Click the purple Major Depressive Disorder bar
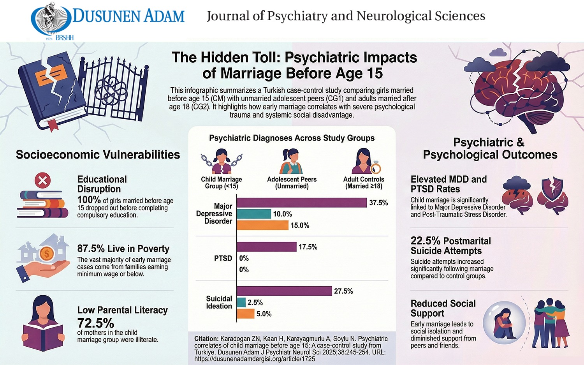pos(302,203)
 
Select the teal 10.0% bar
pos(254,214)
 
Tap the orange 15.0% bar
pos(262,225)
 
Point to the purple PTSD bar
pos(267,247)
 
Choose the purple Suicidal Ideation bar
pos(284,291)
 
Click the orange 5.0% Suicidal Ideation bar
pos(246,314)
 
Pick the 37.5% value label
pos(378,203)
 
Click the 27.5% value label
pos(343,291)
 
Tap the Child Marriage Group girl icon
pos(221,161)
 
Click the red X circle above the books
pos(42,180)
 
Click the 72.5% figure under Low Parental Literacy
pos(95,323)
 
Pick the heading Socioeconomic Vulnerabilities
pos(98,155)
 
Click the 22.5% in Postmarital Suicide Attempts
pos(425,241)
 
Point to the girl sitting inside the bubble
pos(504,324)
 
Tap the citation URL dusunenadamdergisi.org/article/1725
pos(255,359)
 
